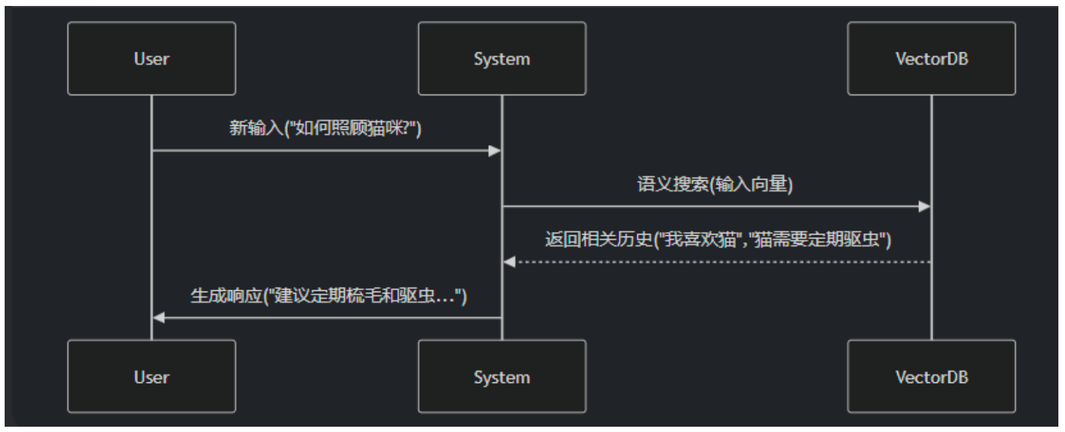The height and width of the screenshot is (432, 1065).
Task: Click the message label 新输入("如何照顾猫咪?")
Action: [325, 127]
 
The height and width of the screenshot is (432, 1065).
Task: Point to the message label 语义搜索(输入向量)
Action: [715, 184]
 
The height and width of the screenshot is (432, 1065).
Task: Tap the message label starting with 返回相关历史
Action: [718, 239]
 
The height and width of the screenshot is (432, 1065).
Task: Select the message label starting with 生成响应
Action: [328, 296]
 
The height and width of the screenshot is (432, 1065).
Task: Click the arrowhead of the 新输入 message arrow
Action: [495, 151]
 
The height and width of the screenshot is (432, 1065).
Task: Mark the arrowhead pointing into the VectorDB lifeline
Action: [924, 207]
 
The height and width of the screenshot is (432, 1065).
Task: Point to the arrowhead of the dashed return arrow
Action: [509, 262]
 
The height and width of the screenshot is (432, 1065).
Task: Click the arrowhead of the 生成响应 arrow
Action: [159, 318]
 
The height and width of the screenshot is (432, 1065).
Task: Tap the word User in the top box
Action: [151, 59]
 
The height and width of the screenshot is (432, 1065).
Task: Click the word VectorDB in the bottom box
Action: [931, 377]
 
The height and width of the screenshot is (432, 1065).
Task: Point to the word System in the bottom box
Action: [501, 377]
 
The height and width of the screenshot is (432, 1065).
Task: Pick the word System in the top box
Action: [501, 59]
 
